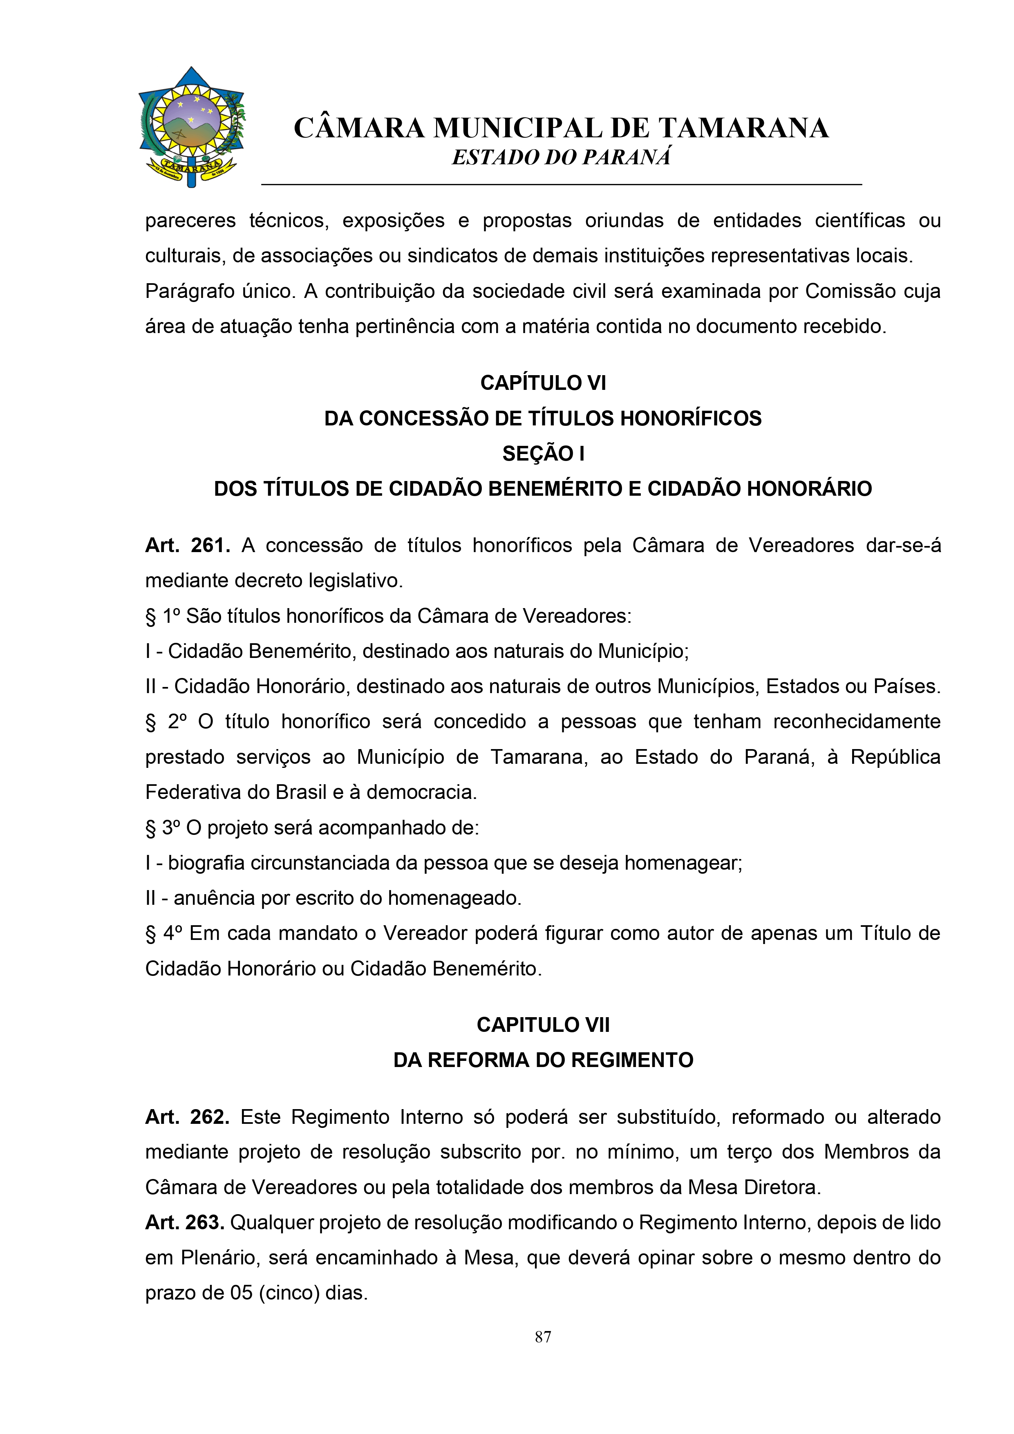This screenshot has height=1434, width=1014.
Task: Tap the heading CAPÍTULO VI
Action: (x=542, y=383)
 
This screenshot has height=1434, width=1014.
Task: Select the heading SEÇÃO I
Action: (x=542, y=454)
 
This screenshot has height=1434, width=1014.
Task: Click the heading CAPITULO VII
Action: (x=542, y=1025)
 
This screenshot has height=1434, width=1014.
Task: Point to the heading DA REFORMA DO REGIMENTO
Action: (x=542, y=1060)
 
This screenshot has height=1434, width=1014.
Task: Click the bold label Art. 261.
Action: (x=188, y=545)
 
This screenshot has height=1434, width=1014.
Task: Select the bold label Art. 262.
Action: (x=188, y=1117)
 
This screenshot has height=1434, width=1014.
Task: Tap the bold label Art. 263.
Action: (x=184, y=1223)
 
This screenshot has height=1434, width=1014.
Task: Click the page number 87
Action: (x=542, y=1337)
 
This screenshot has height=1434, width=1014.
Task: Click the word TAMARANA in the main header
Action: (x=743, y=128)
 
